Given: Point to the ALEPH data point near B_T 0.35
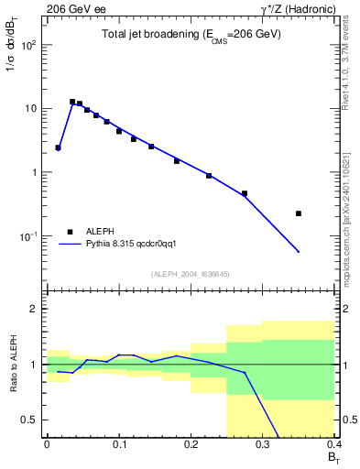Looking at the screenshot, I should coord(299,213).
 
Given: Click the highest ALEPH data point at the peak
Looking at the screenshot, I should coord(72,102).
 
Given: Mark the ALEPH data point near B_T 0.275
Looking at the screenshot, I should coord(245,193).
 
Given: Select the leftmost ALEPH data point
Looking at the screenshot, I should coord(58,147).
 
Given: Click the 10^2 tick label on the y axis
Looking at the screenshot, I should coord(30,45).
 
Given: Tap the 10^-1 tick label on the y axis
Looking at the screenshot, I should coord(30,236).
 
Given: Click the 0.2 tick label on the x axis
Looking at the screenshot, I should coord(190,444).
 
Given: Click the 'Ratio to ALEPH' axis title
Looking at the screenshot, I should coord(12,365).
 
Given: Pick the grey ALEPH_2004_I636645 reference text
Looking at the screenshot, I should coord(191,273).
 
